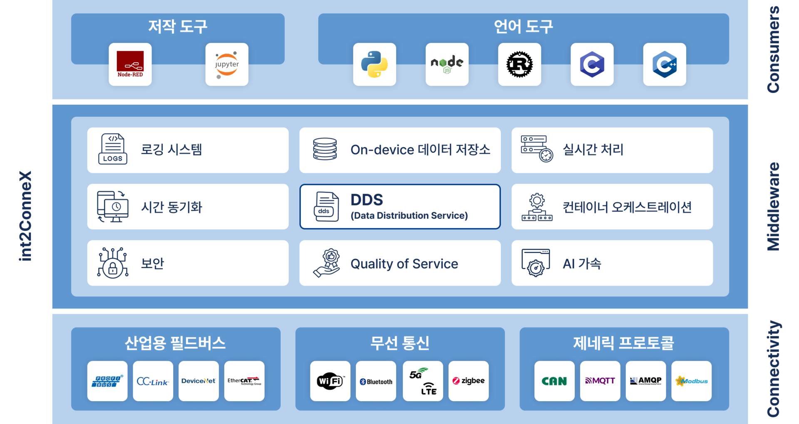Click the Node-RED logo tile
[130, 64]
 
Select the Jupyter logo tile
[227, 64]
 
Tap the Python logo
[375, 64]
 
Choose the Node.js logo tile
[447, 64]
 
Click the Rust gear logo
[519, 64]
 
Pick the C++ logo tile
[664, 64]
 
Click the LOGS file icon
[113, 149]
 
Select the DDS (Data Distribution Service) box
[400, 207]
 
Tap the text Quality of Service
[404, 264]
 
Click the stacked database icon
[325, 149]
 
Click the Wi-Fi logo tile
[330, 381]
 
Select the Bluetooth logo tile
[376, 381]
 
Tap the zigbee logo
[469, 381]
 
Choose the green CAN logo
[554, 381]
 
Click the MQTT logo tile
[600, 381]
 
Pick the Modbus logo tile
[691, 381]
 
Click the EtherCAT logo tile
[244, 381]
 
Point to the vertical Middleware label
[773, 207]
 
